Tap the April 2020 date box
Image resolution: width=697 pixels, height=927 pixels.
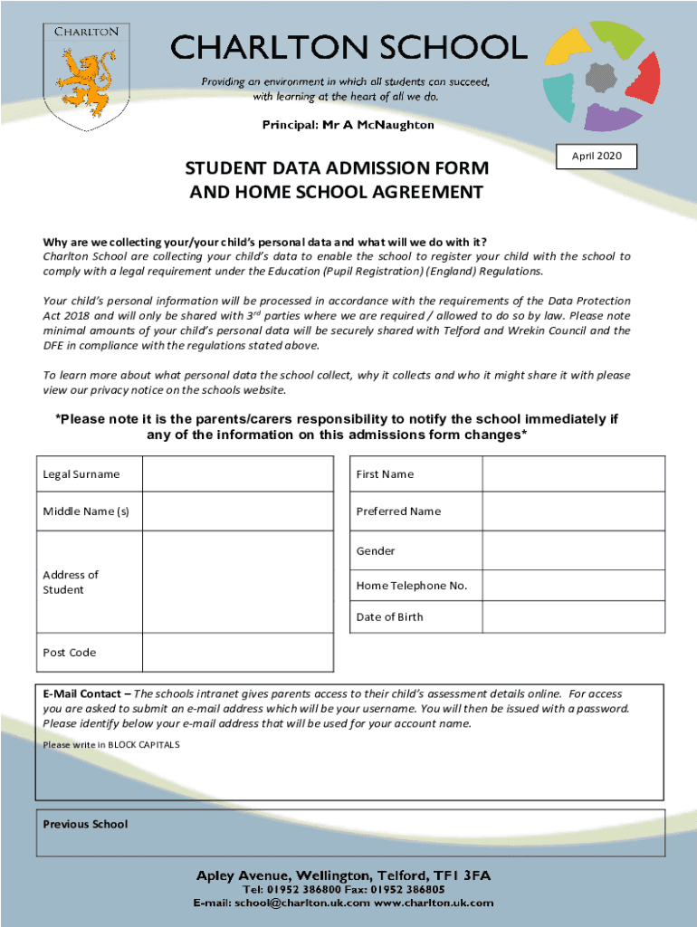click(597, 157)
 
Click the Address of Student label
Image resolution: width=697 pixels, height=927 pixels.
click(71, 582)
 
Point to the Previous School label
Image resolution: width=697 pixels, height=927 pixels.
click(85, 824)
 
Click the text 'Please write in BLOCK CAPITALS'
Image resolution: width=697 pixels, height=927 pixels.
click(111, 744)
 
